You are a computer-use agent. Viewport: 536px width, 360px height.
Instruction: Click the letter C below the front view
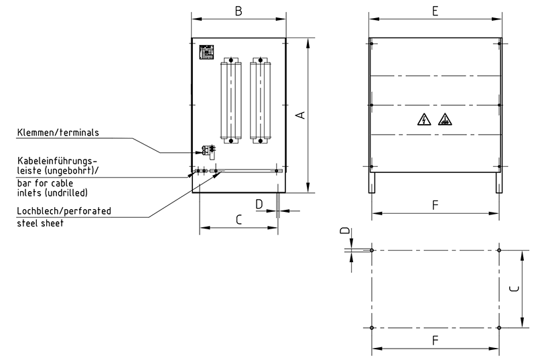[x=238, y=219]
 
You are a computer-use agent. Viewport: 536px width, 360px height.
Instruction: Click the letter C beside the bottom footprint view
[x=513, y=290]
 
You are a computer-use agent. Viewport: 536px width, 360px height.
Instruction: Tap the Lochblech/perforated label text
[x=64, y=211]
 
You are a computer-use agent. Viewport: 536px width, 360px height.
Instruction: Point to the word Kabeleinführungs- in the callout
[x=58, y=161]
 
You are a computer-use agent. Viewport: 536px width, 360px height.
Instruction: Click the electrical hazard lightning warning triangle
[x=423, y=120]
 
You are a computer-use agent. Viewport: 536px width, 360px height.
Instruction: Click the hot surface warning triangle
[x=444, y=120]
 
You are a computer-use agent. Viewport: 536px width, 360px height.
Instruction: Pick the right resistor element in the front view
[x=260, y=101]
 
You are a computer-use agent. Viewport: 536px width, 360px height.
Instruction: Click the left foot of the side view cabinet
[x=372, y=182]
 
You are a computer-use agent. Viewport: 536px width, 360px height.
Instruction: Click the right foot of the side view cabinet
[x=498, y=182]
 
